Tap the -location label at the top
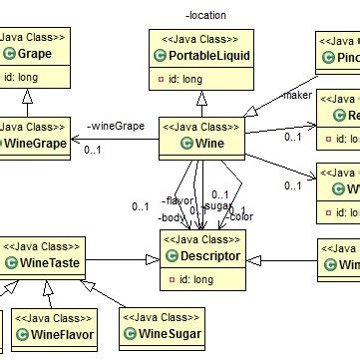(205, 15)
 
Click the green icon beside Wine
(188, 145)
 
